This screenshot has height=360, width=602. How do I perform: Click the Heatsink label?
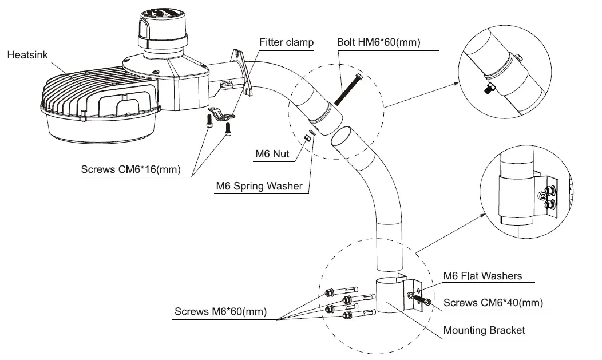[x=27, y=55]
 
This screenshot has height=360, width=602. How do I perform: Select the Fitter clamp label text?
[x=287, y=42]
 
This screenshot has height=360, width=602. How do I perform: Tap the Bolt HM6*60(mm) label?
[x=379, y=42]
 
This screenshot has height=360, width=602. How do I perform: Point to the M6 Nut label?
[x=272, y=154]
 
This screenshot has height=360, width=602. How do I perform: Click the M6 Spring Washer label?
[x=259, y=186]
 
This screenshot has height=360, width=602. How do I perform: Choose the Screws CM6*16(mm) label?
[x=130, y=169]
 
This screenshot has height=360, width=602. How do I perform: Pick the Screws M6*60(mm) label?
[x=220, y=311]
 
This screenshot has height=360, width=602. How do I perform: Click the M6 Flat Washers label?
[x=482, y=276]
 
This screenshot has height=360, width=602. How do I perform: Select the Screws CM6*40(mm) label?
[x=493, y=303]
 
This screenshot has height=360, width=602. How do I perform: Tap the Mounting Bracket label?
[x=484, y=330]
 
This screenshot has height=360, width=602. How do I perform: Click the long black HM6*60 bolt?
[x=348, y=89]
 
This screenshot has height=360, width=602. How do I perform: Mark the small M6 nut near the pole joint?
[x=307, y=138]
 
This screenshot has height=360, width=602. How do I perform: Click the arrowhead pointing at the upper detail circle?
[x=456, y=83]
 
